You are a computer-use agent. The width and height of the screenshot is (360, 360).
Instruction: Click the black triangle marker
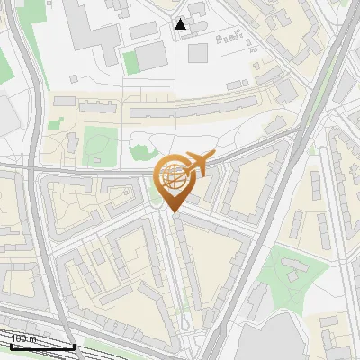(x=181, y=24)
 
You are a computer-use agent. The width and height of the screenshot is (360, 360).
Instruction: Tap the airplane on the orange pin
(x=197, y=163)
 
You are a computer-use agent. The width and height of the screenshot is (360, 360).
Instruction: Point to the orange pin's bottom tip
(x=173, y=212)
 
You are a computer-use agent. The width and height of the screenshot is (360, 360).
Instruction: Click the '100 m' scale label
(x=24, y=338)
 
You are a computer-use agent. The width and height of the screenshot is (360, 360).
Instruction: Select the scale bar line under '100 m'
(x=41, y=346)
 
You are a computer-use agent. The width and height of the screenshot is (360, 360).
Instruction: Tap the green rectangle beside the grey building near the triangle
(x=131, y=62)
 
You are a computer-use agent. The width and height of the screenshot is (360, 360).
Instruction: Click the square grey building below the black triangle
(x=197, y=52)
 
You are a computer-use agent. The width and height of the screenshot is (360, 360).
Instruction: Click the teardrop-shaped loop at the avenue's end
(x=184, y=319)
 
